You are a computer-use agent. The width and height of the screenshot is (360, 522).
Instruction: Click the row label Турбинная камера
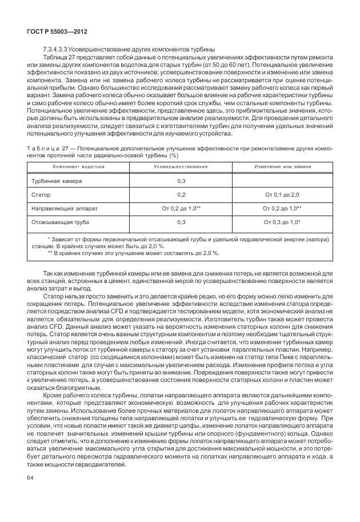[x=57, y=181]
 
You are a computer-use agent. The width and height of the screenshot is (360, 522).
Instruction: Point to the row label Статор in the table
[x=41, y=194]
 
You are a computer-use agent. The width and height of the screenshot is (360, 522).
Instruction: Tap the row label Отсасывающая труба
[x=60, y=221]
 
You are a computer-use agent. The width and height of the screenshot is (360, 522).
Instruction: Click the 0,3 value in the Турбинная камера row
[x=181, y=181]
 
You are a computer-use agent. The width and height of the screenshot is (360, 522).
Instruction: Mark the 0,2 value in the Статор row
[x=181, y=194]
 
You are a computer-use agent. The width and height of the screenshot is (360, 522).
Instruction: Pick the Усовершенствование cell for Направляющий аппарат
[x=181, y=208]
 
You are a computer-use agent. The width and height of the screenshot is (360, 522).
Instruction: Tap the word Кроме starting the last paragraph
[x=54, y=394]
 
